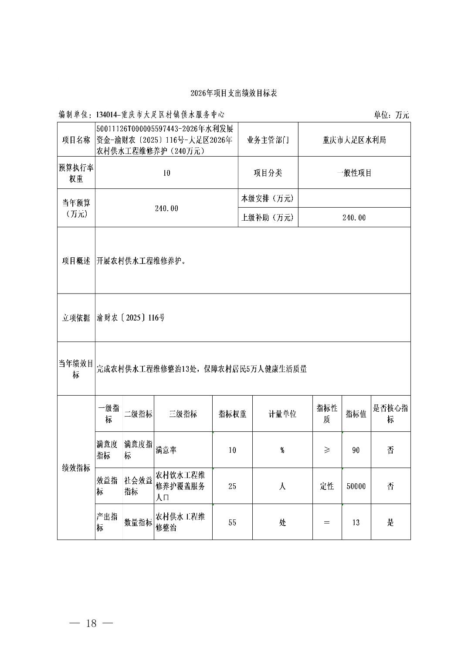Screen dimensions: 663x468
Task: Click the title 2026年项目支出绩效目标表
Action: point(234,93)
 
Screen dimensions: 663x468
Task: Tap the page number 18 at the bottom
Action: point(92,623)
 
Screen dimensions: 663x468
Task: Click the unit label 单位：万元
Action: point(391,115)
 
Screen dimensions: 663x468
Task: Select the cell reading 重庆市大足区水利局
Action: point(354,140)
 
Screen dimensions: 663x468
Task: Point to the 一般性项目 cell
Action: point(354,173)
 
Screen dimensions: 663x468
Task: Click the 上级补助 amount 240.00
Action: point(354,218)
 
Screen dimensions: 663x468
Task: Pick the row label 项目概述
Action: point(76,261)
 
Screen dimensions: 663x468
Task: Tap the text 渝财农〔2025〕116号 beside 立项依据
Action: point(131,318)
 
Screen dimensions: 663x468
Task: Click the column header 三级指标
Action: point(183,414)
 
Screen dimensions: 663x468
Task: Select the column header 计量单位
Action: point(282,414)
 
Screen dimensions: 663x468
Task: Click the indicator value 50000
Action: point(356,486)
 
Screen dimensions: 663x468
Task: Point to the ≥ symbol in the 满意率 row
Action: point(327,450)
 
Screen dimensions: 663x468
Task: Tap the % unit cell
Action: point(282,450)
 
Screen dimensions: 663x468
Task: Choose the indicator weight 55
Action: point(232,522)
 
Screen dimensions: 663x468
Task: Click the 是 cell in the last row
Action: point(390,522)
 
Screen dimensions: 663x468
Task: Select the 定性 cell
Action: point(327,486)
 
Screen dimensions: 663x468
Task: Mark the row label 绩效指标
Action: point(76,468)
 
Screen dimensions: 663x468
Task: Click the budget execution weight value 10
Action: point(166,173)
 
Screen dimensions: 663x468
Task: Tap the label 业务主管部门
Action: point(268,140)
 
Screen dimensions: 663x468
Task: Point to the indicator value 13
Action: point(356,522)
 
